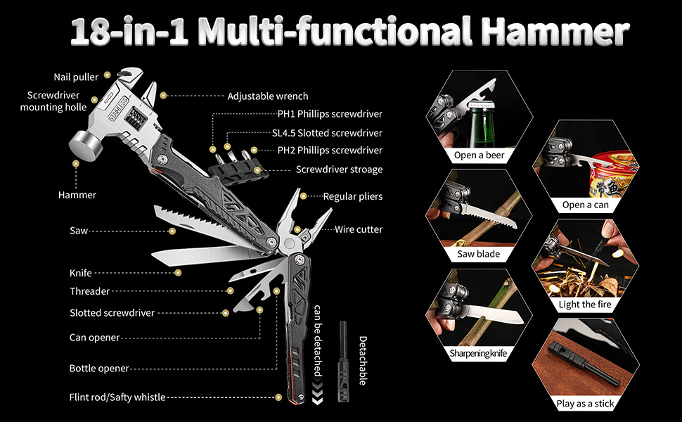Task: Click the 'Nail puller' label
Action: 77,77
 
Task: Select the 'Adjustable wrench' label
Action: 267,96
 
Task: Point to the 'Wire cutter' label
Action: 359,229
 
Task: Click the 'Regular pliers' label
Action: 352,196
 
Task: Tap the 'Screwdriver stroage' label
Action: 339,170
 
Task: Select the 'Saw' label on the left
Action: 78,231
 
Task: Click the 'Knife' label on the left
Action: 80,273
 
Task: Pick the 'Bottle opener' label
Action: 98,369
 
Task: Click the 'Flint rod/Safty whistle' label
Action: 117,397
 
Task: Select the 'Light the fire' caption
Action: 585,305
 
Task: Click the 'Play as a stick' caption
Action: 585,403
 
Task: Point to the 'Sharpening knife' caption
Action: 478,353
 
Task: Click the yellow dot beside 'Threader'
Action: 230,290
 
